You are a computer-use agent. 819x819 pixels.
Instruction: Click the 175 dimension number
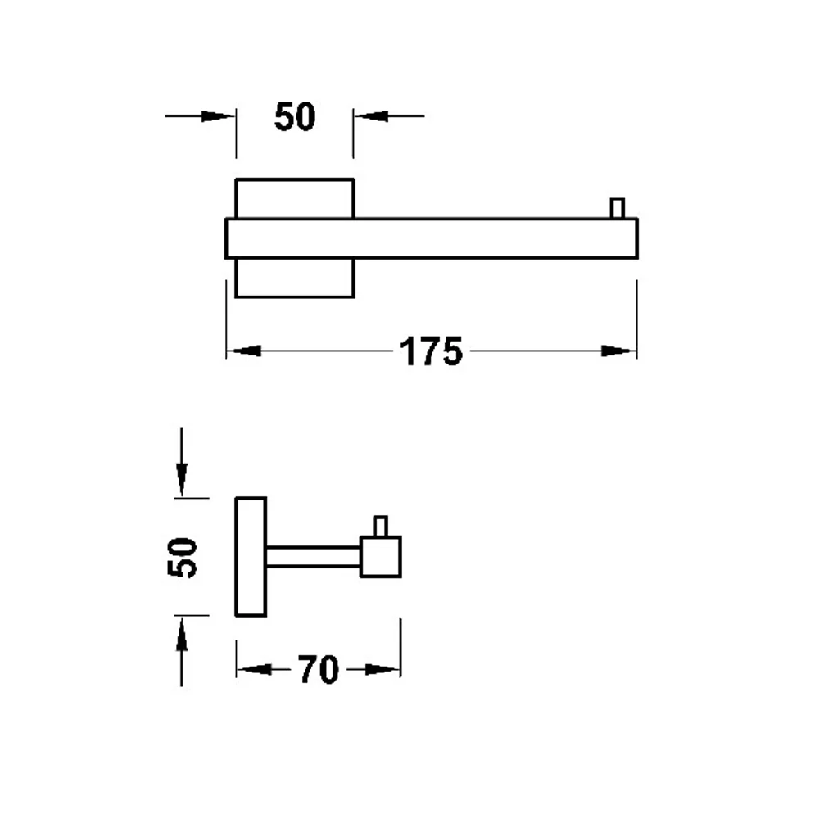[431, 351]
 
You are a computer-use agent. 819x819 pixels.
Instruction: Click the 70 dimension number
[319, 670]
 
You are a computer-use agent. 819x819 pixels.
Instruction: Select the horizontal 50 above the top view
[295, 116]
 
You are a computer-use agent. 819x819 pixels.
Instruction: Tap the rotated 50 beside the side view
[182, 557]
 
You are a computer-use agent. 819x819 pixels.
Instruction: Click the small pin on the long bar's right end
[617, 208]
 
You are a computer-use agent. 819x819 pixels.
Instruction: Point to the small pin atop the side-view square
[381, 526]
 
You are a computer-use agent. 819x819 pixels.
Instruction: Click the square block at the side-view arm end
[381, 557]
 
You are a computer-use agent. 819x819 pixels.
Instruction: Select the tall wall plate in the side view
[251, 557]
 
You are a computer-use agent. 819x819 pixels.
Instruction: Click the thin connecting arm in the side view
[314, 557]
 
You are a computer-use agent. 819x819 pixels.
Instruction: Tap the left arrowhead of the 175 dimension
[244, 351]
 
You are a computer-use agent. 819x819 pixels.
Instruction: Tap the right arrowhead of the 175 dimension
[618, 351]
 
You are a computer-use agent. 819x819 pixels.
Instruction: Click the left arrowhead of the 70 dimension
[255, 669]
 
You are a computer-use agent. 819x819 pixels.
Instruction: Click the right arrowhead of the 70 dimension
[382, 669]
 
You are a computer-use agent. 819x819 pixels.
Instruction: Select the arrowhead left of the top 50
[218, 116]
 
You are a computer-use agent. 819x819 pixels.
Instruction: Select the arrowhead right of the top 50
[371, 116]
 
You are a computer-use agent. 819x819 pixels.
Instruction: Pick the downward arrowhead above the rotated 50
[181, 479]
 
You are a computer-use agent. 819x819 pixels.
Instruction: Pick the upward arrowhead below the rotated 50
[181, 634]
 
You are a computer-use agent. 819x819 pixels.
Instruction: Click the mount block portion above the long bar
[295, 198]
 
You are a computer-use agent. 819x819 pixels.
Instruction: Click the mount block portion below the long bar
[295, 278]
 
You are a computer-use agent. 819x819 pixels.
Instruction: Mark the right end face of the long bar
[637, 238]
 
